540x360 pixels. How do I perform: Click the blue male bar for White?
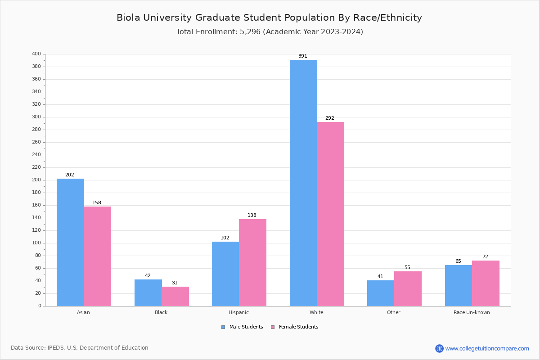(303, 183)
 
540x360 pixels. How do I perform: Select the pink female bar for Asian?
(97, 256)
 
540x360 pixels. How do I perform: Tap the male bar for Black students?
(148, 292)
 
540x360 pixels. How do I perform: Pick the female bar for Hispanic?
(252, 262)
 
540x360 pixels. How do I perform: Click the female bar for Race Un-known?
(486, 283)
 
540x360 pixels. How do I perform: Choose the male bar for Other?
(381, 293)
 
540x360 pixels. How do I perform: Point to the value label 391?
(303, 56)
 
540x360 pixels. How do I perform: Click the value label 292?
(330, 118)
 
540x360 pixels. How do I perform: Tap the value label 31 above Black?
(175, 283)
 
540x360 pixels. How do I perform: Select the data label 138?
(252, 216)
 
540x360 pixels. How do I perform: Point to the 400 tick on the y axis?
(36, 54)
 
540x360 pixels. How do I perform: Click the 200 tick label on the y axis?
(36, 180)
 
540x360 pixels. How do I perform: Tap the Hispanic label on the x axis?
(238, 312)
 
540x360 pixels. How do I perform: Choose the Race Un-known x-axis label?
(472, 312)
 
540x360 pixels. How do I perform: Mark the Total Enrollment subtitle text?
(270, 32)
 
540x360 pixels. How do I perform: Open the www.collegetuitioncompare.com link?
(487, 348)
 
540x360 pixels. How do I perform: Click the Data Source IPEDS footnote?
(80, 348)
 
